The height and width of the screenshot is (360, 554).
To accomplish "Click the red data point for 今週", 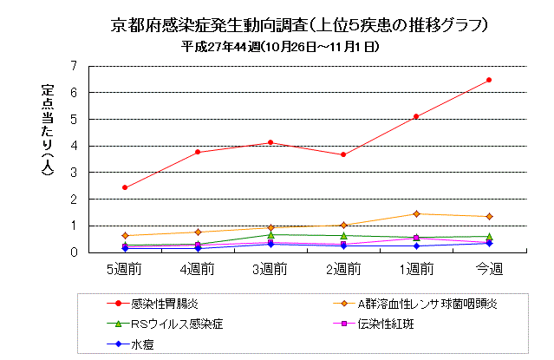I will [x=489, y=80].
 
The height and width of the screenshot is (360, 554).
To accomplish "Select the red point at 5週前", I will [x=125, y=187].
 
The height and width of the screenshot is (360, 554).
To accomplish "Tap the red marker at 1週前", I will [x=416, y=116].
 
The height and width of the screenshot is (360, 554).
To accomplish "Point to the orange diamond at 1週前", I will [x=416, y=213].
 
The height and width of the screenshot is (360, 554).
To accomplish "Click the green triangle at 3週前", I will [x=270, y=234].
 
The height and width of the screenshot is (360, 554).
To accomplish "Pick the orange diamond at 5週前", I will [x=125, y=235].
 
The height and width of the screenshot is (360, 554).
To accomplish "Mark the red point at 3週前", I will [x=270, y=142].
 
